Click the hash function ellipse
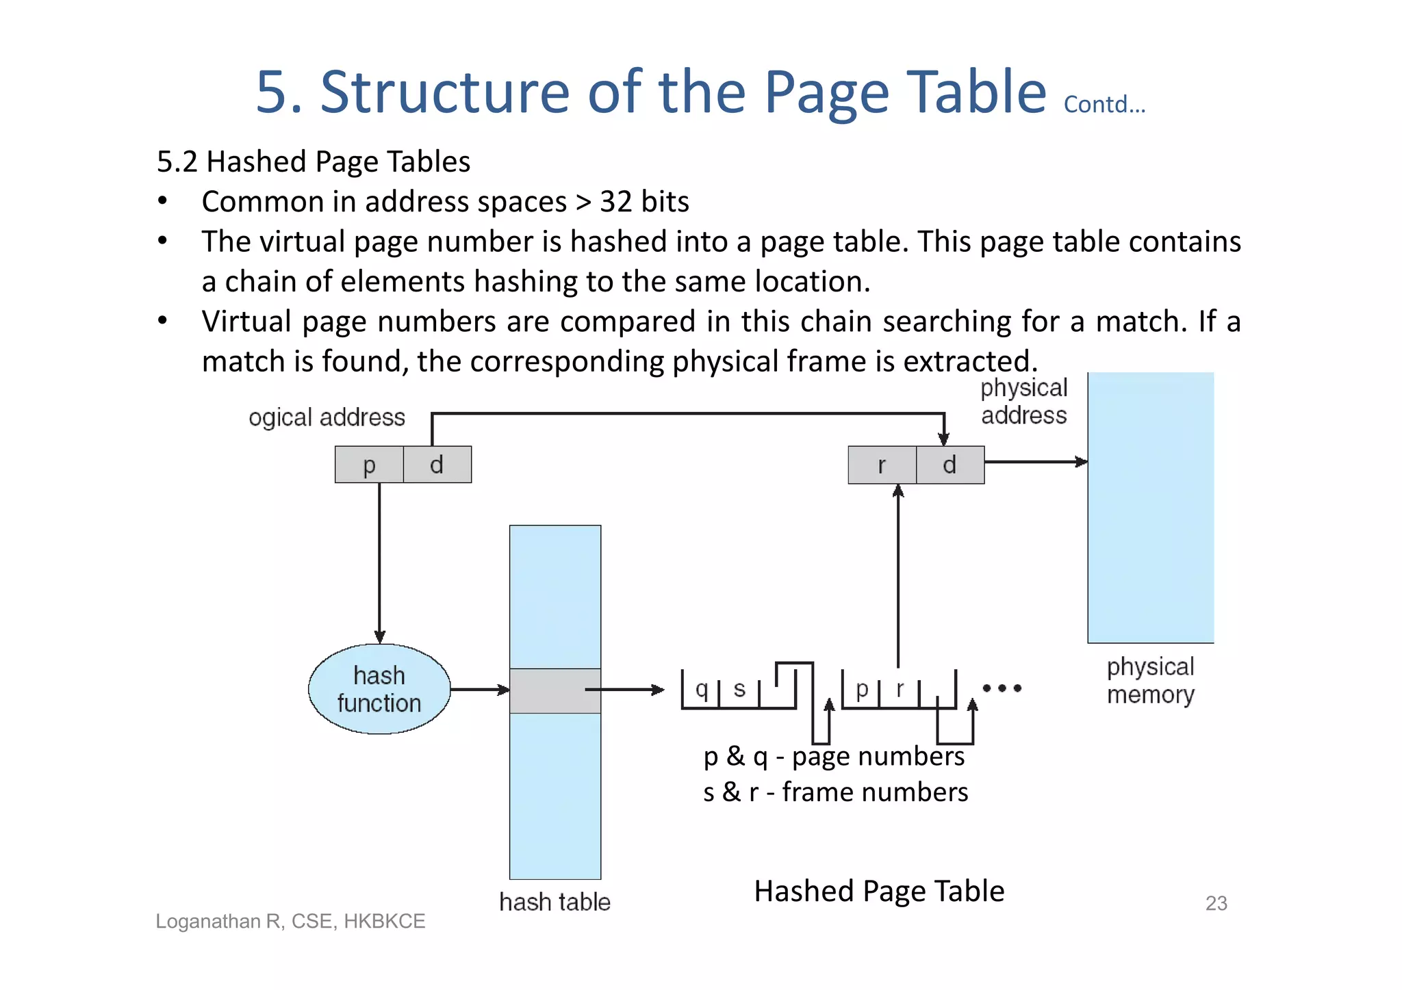coord(379,689)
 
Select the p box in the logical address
coord(369,465)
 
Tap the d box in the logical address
coord(437,465)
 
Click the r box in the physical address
coord(882,465)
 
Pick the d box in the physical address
coord(949,465)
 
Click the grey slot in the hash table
coord(555,691)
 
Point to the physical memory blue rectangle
coord(1151,507)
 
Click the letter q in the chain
coord(701,688)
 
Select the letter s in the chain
coord(739,688)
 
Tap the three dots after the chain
coord(1002,688)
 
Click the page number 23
coord(1216,903)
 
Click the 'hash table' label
coord(555,902)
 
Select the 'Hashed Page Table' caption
coord(879,891)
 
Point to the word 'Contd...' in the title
coord(1104,104)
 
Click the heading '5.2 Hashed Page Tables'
coord(314,161)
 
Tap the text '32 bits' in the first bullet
coord(644,202)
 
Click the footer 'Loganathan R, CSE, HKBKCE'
coord(290,921)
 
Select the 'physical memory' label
coord(1150,680)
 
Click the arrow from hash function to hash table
coord(480,690)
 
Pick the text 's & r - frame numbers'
coord(835,792)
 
